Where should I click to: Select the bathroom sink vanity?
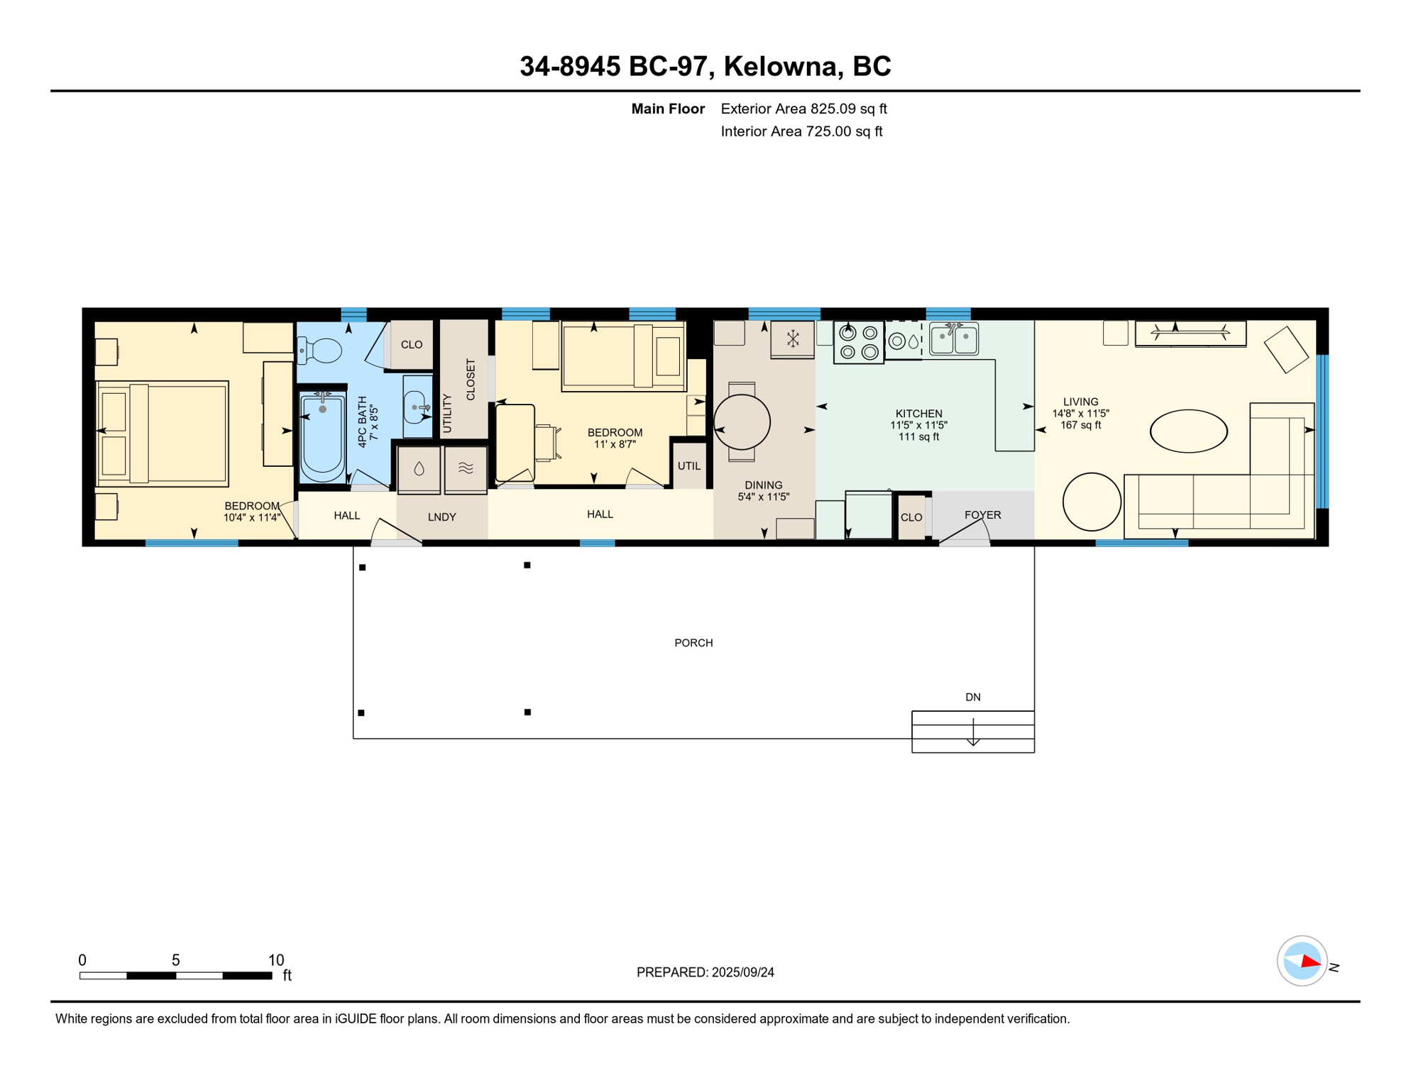click(x=417, y=407)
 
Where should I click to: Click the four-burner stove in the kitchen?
click(x=859, y=342)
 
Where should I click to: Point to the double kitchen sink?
click(x=954, y=338)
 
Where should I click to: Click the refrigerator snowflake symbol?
click(x=793, y=339)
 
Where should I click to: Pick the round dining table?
click(x=742, y=423)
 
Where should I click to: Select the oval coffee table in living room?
click(x=1188, y=431)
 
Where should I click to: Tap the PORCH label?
click(x=693, y=643)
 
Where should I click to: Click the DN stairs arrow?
click(x=973, y=732)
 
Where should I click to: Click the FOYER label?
click(x=982, y=515)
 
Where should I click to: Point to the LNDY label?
click(x=441, y=517)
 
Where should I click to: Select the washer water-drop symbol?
click(x=419, y=468)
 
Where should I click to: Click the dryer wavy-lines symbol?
click(x=466, y=468)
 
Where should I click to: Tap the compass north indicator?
click(x=1310, y=962)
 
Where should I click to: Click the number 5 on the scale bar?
click(x=176, y=960)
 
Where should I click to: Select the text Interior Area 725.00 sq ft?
click(x=801, y=131)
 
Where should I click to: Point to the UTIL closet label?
click(x=688, y=466)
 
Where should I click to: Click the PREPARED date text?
click(x=705, y=972)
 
